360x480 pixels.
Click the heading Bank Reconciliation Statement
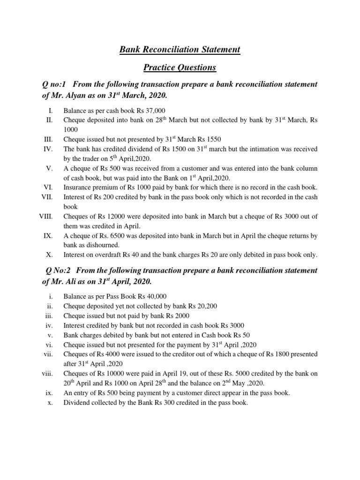point(180,49)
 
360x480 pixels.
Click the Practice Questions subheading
point(180,67)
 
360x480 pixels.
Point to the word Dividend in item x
point(76,402)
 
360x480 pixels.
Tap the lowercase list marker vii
point(48,354)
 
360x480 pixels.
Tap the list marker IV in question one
point(48,149)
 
